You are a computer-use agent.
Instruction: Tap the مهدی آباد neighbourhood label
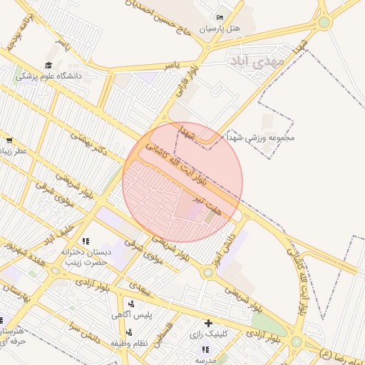258,62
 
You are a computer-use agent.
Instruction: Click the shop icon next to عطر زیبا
9,141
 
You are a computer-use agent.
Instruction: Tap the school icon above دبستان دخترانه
86,241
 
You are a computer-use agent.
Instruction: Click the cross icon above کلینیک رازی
208,323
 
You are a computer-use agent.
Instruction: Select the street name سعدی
139,287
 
